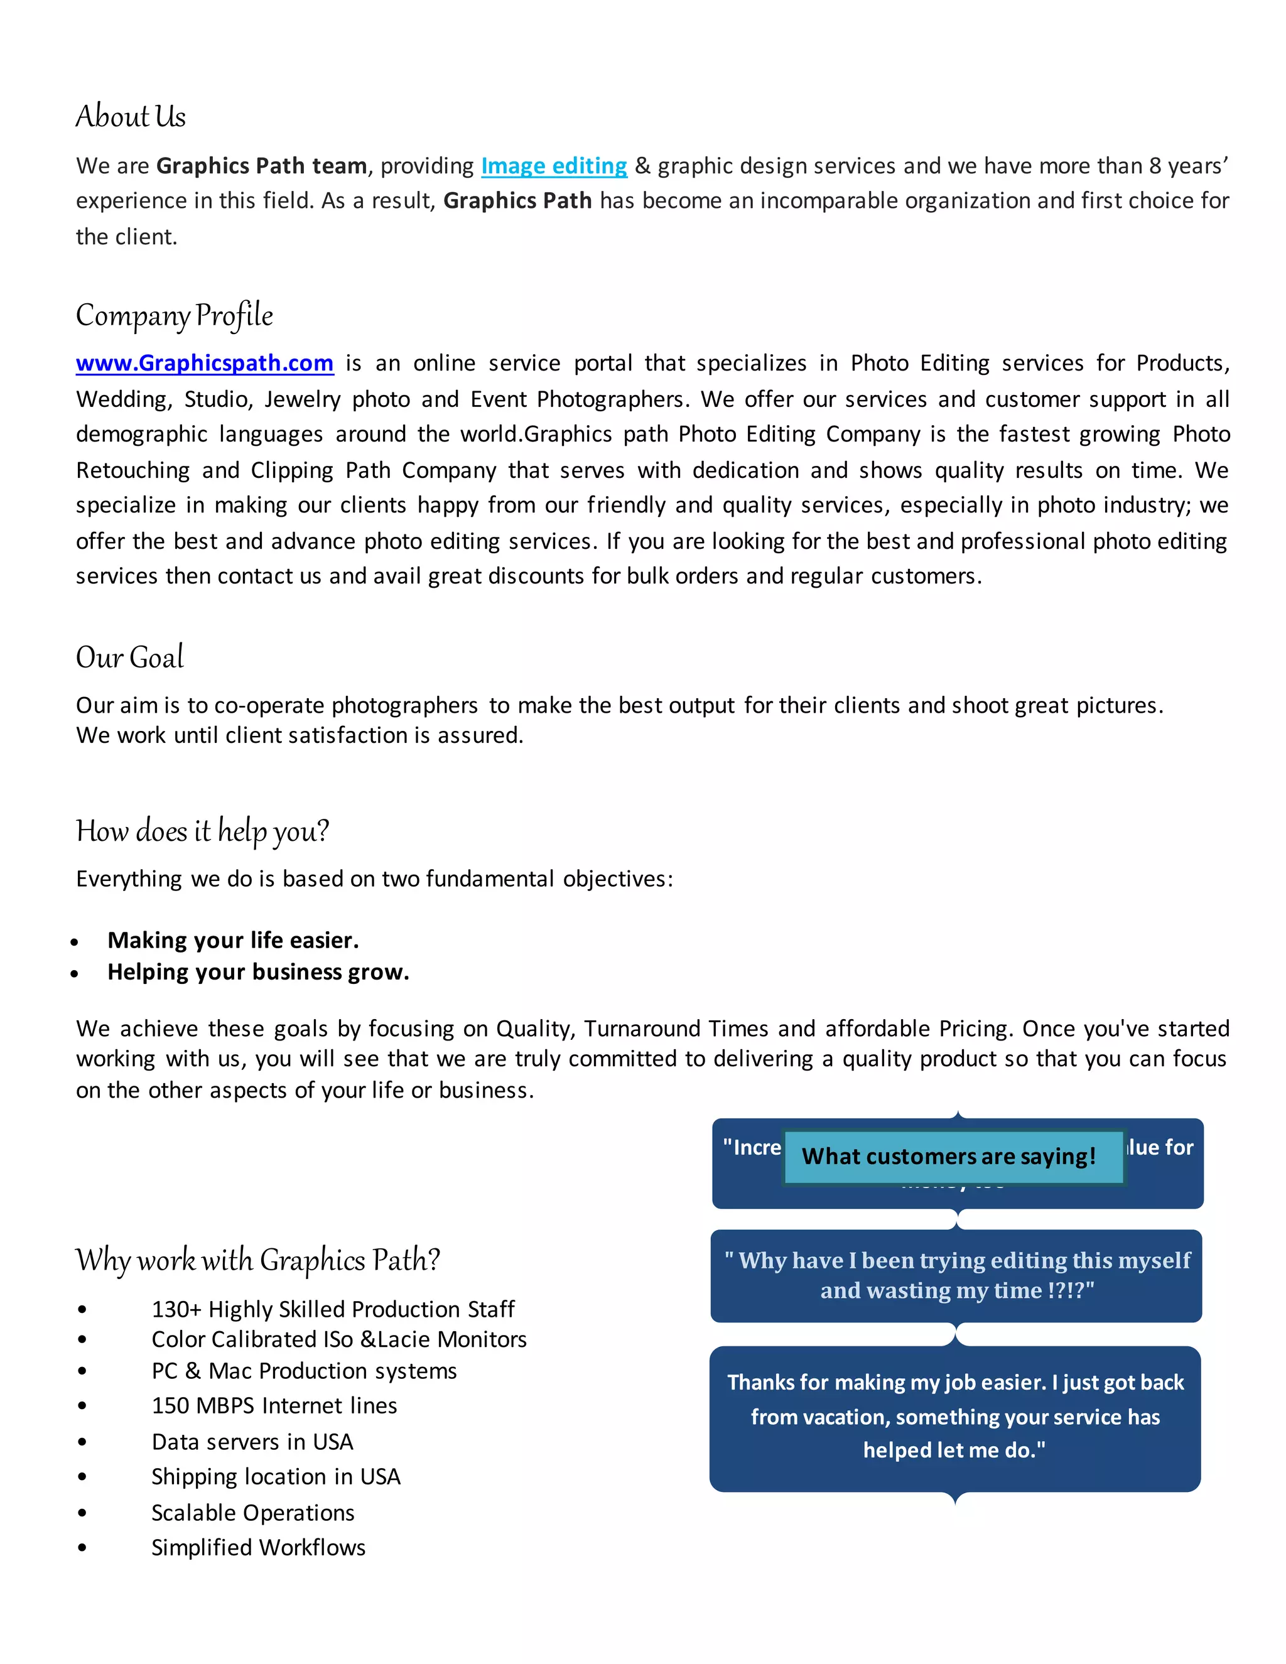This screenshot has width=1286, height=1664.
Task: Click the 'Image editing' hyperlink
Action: [554, 166]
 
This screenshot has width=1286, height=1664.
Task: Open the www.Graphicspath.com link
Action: [204, 363]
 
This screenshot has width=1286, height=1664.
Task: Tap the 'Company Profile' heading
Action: [174, 315]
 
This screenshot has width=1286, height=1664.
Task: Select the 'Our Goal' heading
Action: [129, 657]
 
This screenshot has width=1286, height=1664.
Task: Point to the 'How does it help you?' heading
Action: [202, 831]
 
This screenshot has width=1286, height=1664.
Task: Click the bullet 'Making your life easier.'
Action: [232, 940]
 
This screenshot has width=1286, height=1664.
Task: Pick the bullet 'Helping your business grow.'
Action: [257, 972]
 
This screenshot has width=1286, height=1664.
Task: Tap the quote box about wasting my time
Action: [956, 1275]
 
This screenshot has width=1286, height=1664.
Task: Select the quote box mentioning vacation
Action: [954, 1417]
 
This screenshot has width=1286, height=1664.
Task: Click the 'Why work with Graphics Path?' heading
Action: [257, 1260]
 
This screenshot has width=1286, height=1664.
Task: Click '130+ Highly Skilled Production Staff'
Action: [333, 1309]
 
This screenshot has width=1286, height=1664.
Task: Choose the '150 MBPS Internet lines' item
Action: [274, 1406]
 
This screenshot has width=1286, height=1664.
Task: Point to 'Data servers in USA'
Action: [252, 1442]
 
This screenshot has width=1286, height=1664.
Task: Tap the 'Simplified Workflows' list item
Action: [258, 1547]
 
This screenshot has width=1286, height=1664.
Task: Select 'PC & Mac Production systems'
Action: [304, 1371]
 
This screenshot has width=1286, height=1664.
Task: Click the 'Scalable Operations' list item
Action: [253, 1513]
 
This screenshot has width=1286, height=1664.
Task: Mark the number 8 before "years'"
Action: [1155, 166]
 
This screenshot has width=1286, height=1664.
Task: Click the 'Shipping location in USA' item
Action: [276, 1477]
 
